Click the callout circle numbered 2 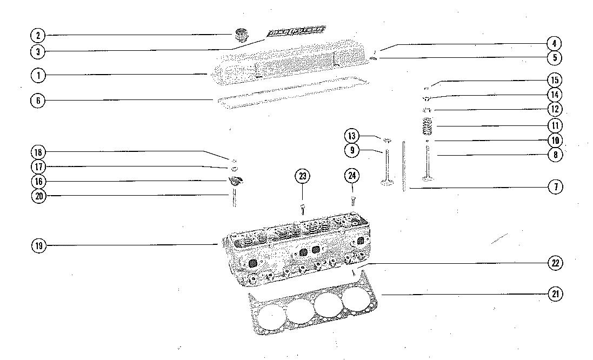pos(38,36)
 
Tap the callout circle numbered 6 pos(38,101)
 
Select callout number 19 pos(38,246)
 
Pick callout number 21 pos(555,294)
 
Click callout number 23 pos(302,176)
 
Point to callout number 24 pos(352,176)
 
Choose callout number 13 pos(352,136)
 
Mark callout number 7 pos(555,187)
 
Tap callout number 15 pos(555,81)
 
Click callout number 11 pos(555,125)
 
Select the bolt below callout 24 pos(352,201)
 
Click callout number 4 pos(555,43)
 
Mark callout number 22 pos(555,263)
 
